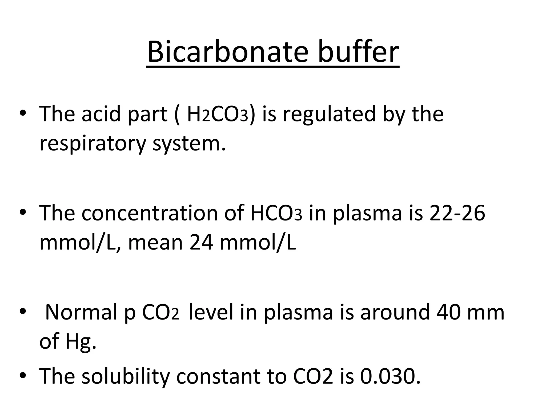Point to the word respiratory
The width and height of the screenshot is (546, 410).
click(x=93, y=144)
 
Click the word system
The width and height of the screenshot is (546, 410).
click(x=189, y=144)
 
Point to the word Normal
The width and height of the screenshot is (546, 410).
click(x=81, y=312)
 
